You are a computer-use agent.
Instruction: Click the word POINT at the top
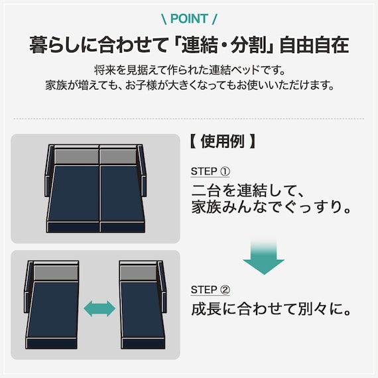click(x=189, y=19)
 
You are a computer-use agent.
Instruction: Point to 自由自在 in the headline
click(x=314, y=46)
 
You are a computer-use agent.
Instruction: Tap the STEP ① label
click(x=210, y=171)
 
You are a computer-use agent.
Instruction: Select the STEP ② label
click(x=210, y=290)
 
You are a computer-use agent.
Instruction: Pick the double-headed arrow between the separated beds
click(x=99, y=307)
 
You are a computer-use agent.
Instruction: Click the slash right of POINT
click(x=214, y=19)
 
